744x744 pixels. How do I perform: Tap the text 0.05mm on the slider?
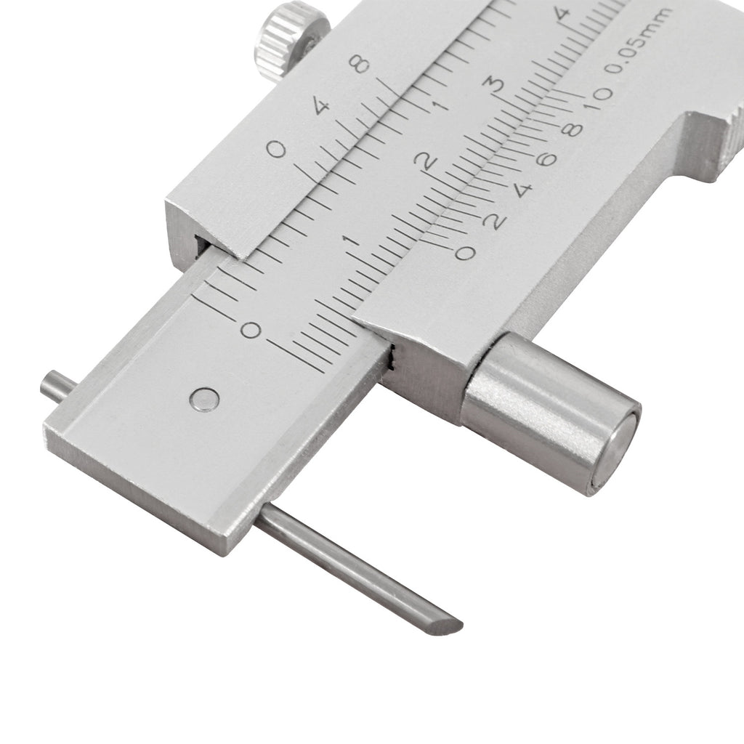click(x=637, y=41)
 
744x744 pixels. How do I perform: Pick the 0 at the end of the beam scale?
click(x=251, y=329)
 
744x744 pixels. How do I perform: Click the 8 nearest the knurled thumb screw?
click(x=359, y=64)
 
